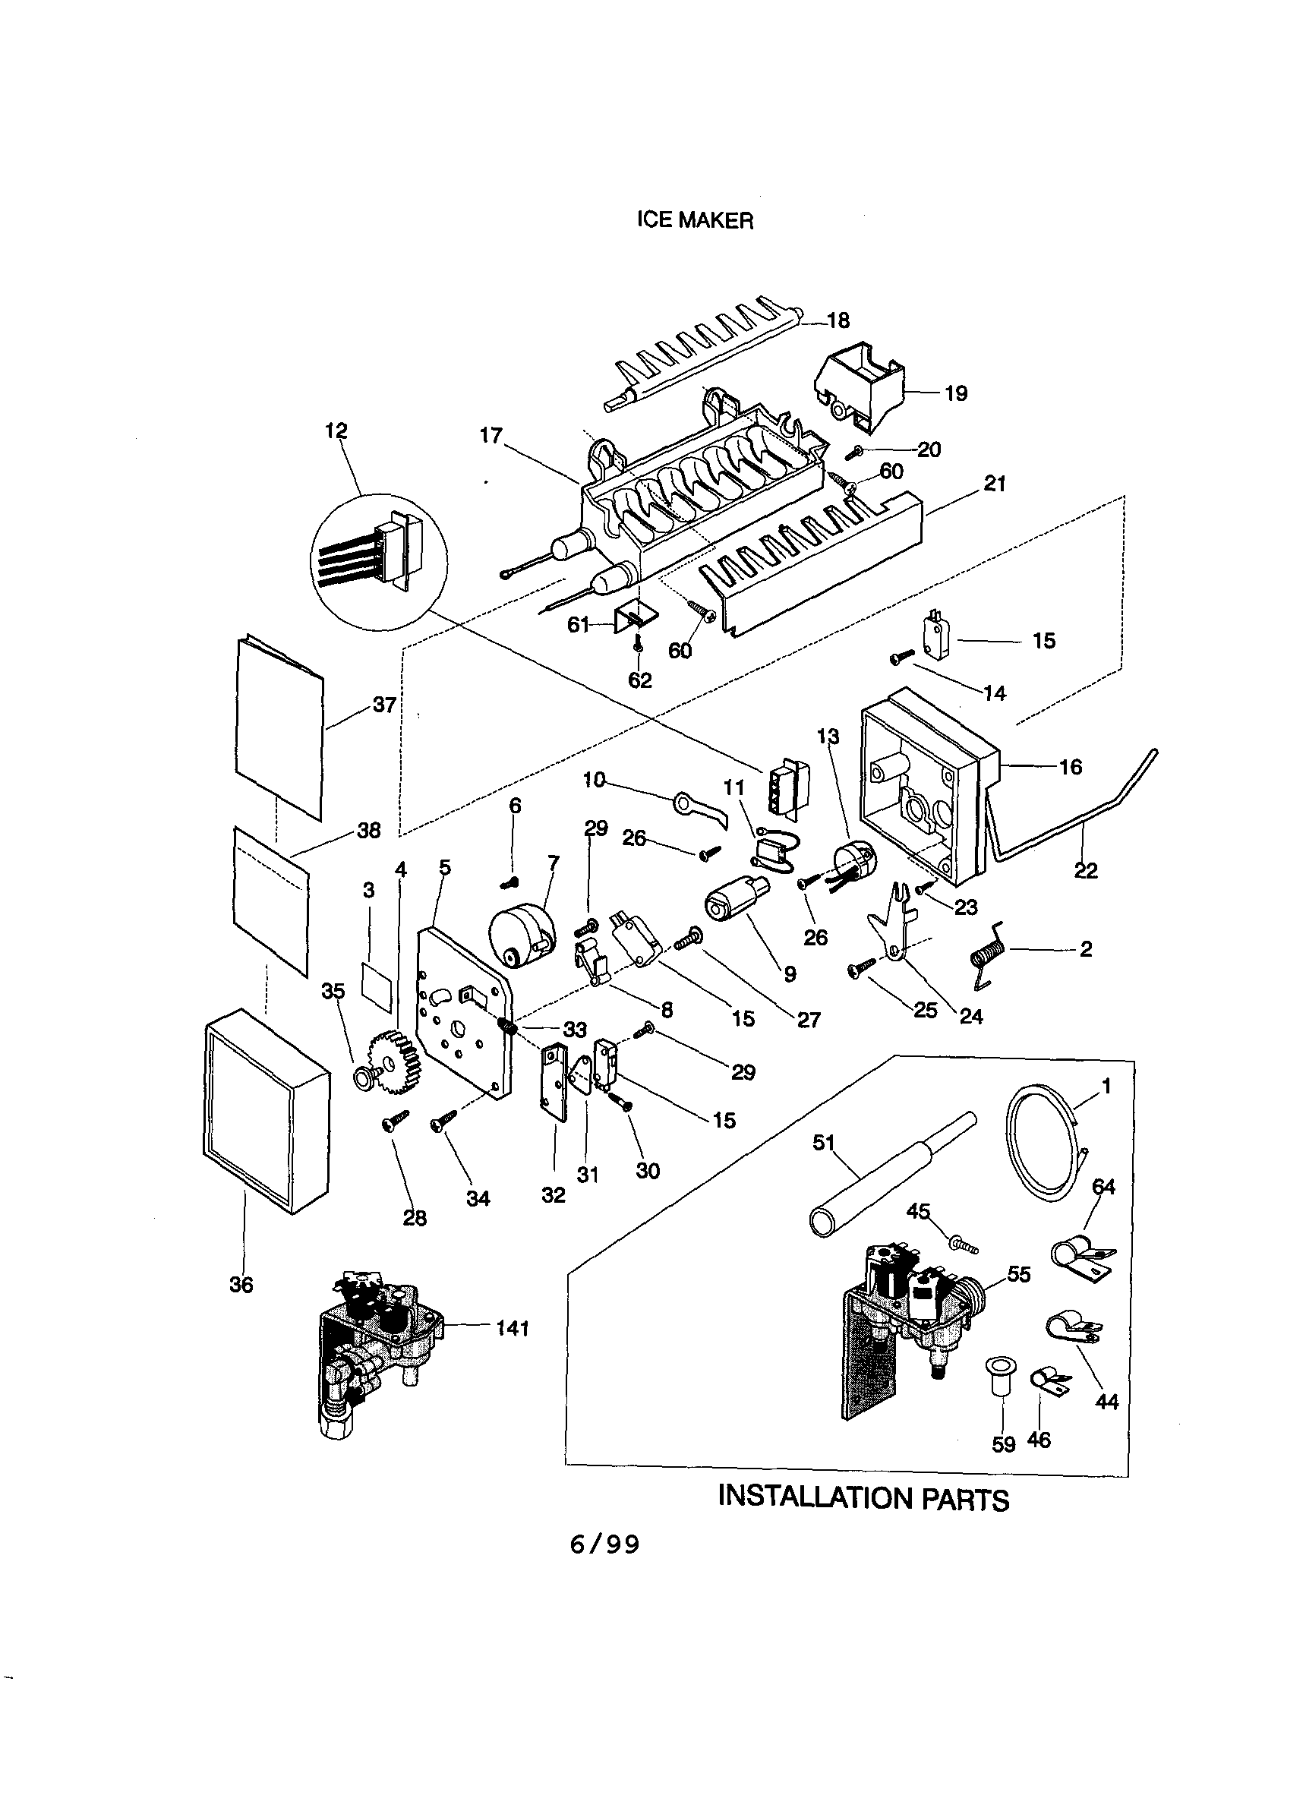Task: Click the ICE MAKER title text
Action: (694, 221)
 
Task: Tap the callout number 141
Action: (512, 1329)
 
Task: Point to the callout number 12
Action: (336, 431)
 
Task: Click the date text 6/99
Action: (604, 1544)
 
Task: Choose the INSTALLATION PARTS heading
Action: (863, 1497)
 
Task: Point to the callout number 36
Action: (241, 1285)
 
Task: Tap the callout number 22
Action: (1085, 870)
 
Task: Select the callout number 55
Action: (1018, 1274)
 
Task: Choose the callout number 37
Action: (385, 705)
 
